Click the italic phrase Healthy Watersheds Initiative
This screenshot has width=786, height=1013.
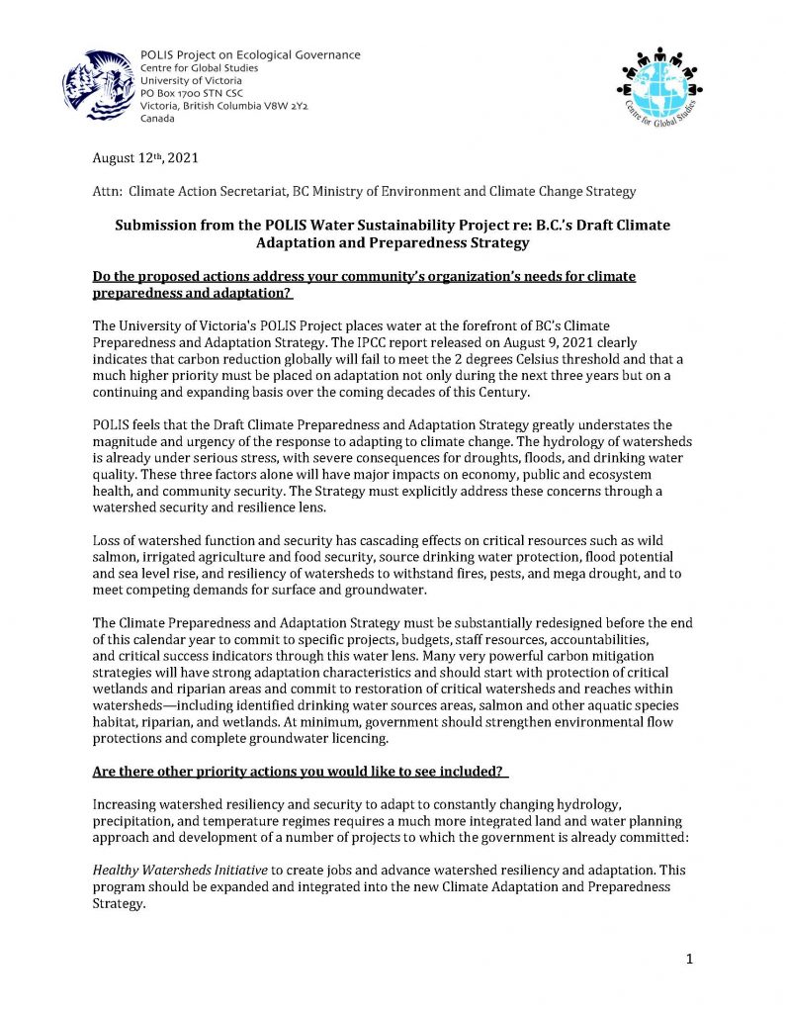point(180,871)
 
